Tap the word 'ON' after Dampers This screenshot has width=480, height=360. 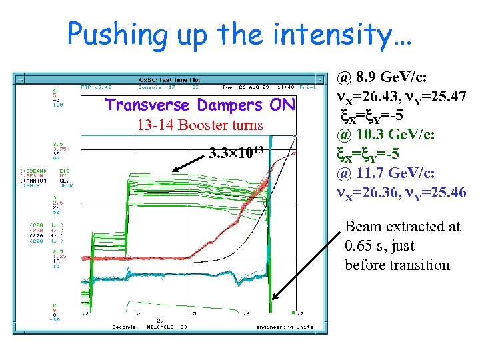[x=282, y=105]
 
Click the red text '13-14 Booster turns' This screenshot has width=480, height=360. [x=199, y=125]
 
